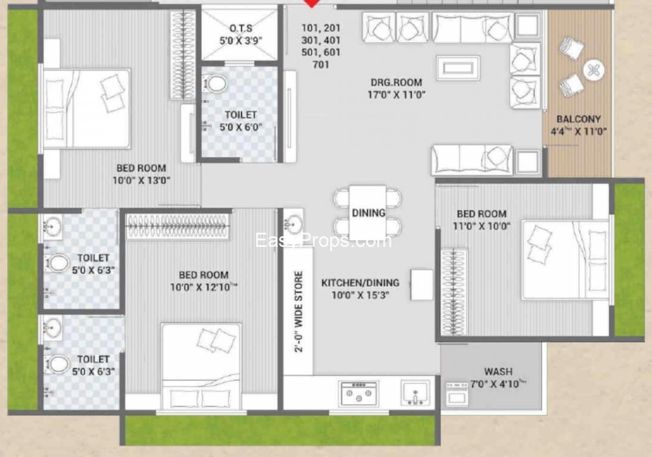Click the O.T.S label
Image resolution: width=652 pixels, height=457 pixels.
[241, 28]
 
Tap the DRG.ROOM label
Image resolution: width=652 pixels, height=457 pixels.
[396, 82]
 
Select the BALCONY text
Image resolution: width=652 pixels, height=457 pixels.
[579, 119]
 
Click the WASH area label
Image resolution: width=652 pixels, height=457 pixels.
[498, 371]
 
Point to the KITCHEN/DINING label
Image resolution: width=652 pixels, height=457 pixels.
[360, 283]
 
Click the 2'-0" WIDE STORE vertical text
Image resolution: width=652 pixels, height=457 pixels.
[299, 312]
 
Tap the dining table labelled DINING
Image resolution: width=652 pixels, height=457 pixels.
[368, 212]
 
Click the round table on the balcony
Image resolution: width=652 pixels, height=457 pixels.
[594, 70]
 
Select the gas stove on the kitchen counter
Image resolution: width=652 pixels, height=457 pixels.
[358, 393]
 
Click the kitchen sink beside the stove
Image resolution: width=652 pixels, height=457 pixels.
[415, 393]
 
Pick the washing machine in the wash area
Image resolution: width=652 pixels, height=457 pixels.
[457, 394]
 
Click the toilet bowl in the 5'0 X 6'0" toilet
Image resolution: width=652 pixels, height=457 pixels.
[215, 83]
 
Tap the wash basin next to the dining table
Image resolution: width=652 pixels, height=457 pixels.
[294, 223]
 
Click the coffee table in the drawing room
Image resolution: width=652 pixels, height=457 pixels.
[458, 67]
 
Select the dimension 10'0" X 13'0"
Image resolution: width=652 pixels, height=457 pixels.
[141, 180]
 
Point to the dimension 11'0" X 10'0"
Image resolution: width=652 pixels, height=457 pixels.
[482, 226]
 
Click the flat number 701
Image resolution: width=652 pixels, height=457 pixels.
[321, 65]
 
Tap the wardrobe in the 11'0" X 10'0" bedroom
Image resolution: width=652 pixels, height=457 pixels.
[454, 292]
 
